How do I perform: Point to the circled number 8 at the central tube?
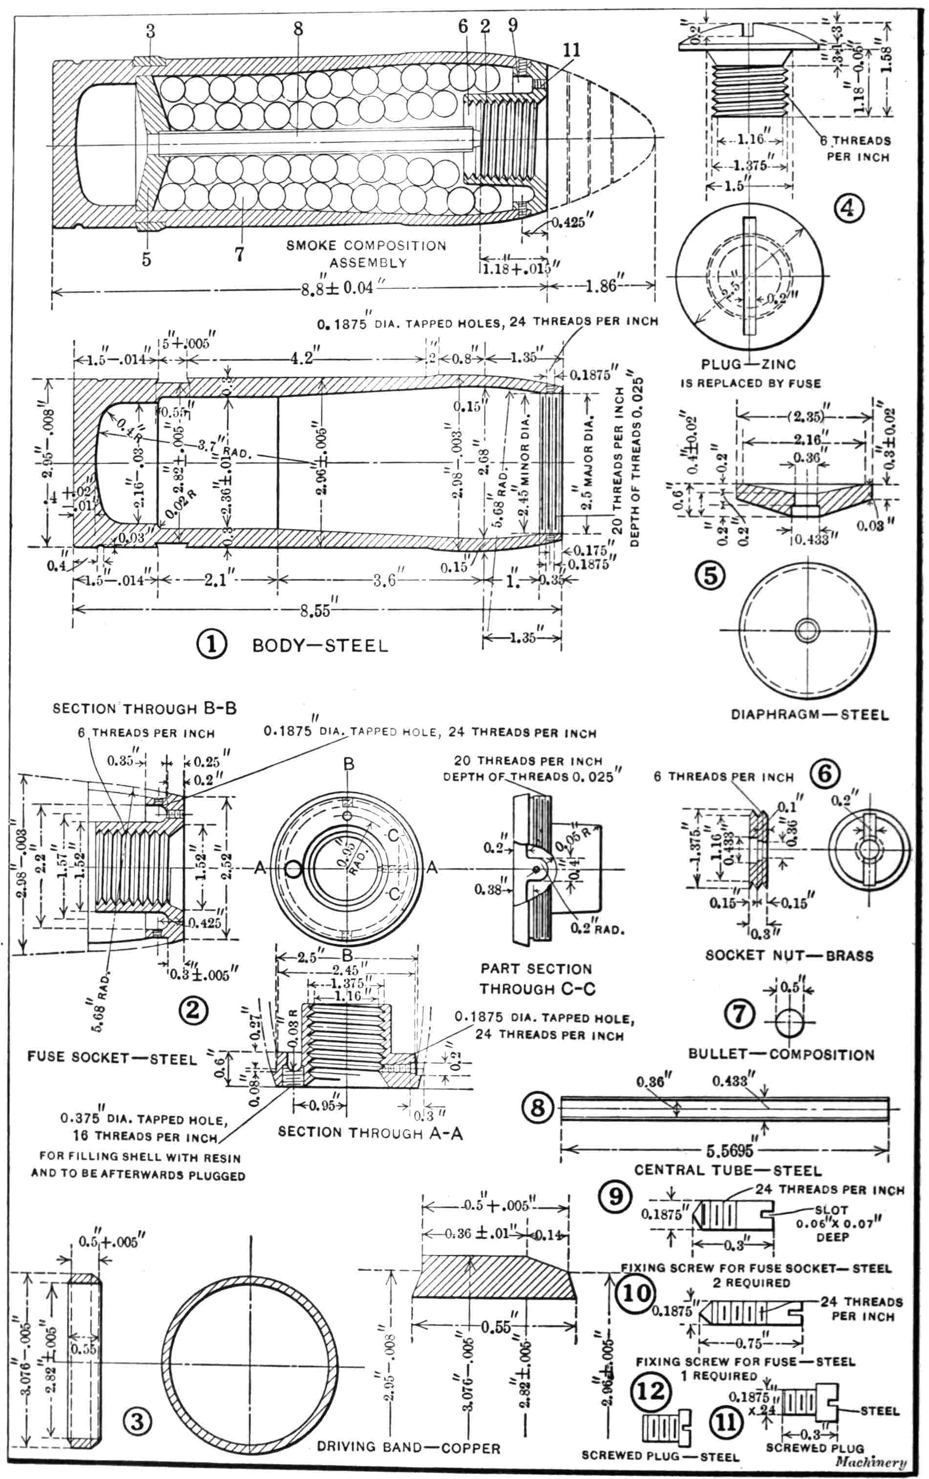tap(537, 1107)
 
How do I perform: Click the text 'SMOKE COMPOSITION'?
tap(366, 246)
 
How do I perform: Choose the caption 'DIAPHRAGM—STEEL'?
tap(809, 715)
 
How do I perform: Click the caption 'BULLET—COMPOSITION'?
tap(781, 1055)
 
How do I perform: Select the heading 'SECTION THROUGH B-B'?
tap(144, 708)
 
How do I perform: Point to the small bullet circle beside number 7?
tap(789, 1023)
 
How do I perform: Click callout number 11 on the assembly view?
tap(571, 50)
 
